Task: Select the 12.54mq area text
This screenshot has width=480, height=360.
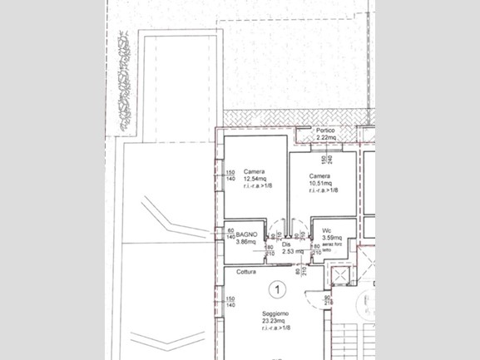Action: click(x=255, y=180)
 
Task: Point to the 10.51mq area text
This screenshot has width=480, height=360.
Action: click(x=320, y=184)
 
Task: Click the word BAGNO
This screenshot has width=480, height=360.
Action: click(x=246, y=234)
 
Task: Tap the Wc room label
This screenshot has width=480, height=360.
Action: click(x=328, y=230)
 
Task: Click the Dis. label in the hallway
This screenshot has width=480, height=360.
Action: click(x=286, y=244)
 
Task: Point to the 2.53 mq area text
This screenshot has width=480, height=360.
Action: click(x=292, y=251)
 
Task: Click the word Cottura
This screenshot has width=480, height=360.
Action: click(x=245, y=273)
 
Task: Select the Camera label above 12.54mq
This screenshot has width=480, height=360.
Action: click(x=255, y=172)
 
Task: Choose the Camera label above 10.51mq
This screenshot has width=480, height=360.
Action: click(x=320, y=176)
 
